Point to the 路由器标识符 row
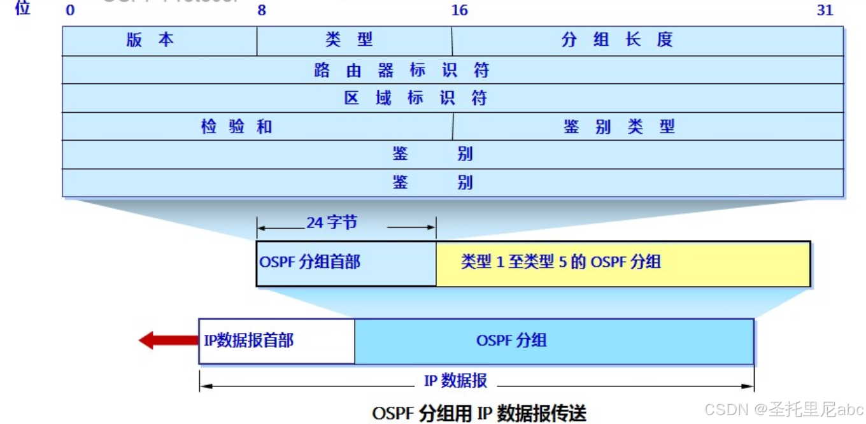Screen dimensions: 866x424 (401, 70)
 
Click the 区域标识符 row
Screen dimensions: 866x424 (415, 99)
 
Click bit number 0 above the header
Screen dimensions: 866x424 (70, 10)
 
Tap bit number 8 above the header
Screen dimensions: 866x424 (261, 10)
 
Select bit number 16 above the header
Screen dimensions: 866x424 (458, 10)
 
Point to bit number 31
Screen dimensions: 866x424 (825, 10)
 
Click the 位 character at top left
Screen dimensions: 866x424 (23, 8)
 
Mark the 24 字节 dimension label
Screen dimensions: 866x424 (332, 223)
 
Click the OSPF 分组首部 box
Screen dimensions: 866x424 (346, 263)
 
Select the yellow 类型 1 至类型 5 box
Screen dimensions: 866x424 (623, 263)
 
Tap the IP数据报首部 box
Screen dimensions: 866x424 (276, 341)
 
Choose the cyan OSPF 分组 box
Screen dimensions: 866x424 (554, 341)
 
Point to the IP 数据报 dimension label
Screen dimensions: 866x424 (456, 381)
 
